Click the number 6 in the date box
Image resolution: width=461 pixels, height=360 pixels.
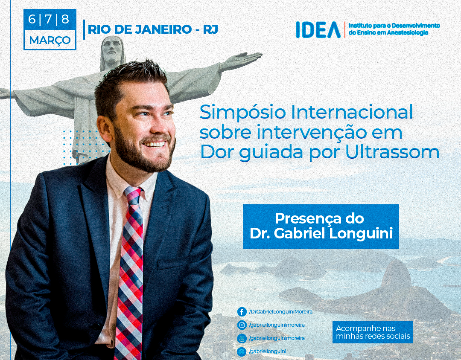click(32, 19)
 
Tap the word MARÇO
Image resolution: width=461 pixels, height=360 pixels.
click(50, 40)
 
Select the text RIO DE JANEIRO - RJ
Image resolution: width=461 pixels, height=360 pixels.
click(153, 29)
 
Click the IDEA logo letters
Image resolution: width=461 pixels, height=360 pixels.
click(318, 30)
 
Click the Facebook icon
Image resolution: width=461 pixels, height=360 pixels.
click(242, 312)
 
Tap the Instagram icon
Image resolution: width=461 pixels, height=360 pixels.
click(242, 325)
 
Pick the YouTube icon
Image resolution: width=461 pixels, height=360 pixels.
click(242, 338)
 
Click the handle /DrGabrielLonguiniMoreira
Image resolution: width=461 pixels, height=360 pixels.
click(280, 312)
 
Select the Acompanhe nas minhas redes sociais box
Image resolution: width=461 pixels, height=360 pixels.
click(373, 332)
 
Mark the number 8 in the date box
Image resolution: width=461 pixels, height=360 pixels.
click(65, 19)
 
